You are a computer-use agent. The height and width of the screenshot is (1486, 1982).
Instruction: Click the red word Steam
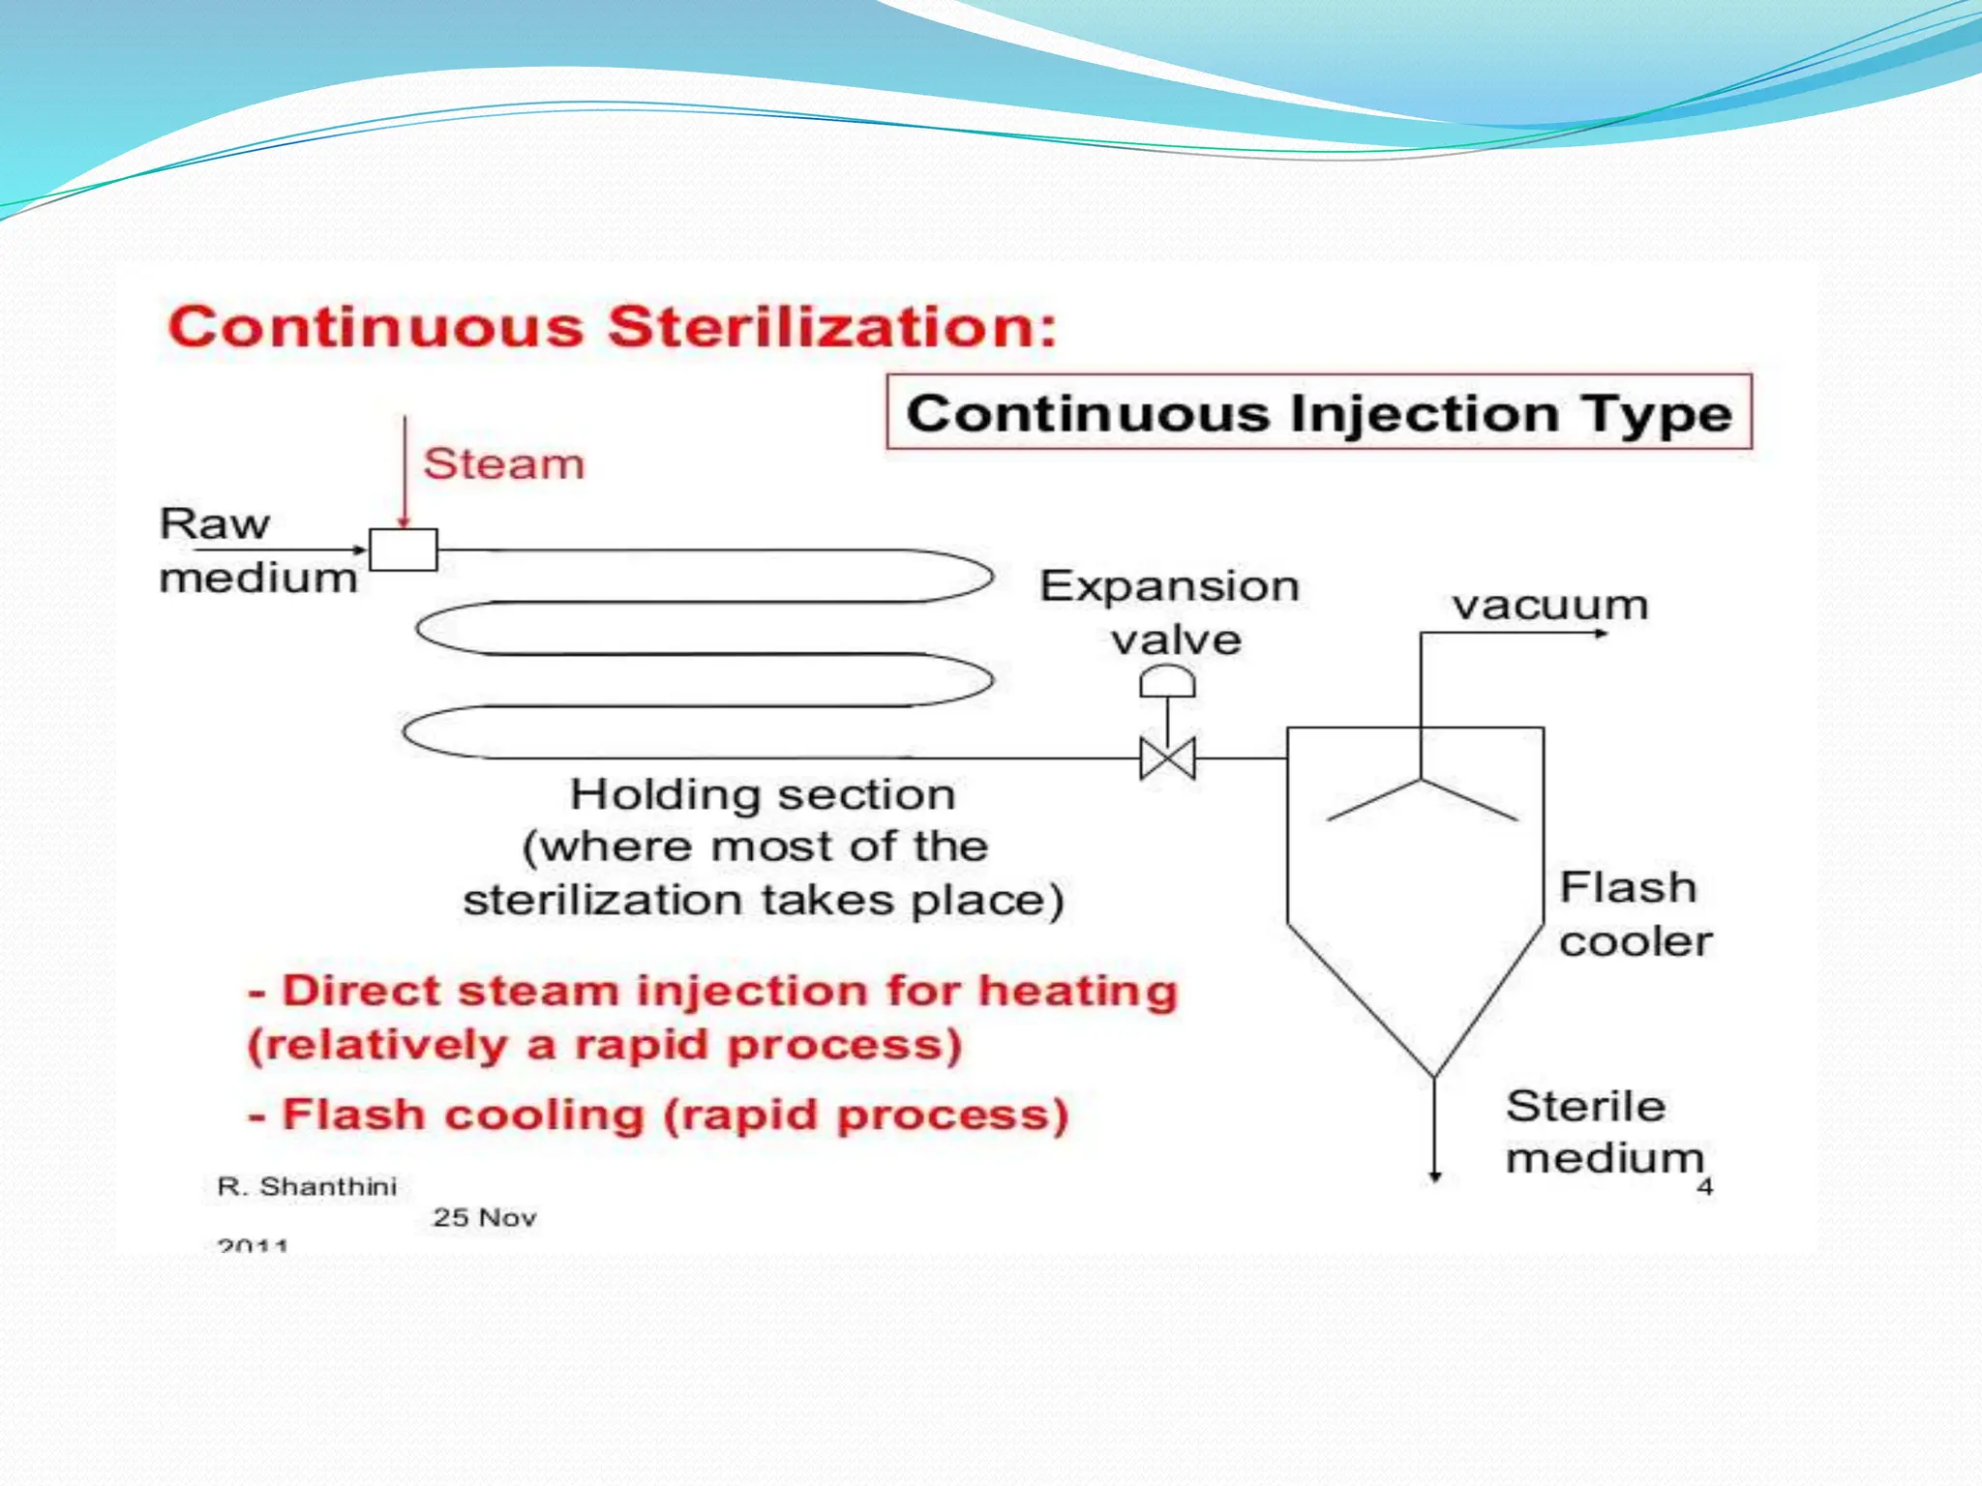pyautogui.click(x=504, y=464)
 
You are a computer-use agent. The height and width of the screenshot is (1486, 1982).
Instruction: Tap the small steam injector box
pyautogui.click(x=404, y=550)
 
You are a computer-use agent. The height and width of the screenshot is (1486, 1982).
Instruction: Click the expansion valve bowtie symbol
pyautogui.click(x=1168, y=758)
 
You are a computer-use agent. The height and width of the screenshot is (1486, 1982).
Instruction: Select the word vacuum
pyautogui.click(x=1549, y=606)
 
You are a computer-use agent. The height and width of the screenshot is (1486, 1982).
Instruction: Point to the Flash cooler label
pyautogui.click(x=1635, y=914)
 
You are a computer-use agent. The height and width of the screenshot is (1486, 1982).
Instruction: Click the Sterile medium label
pyautogui.click(x=1604, y=1132)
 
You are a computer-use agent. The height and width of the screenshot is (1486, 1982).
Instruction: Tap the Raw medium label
pyautogui.click(x=257, y=550)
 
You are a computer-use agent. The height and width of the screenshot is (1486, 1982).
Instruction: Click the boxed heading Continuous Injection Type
pyautogui.click(x=1318, y=413)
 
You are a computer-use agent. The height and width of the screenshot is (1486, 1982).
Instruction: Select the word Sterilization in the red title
pyautogui.click(x=832, y=326)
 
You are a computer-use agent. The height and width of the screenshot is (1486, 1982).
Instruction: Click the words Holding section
pyautogui.click(x=763, y=794)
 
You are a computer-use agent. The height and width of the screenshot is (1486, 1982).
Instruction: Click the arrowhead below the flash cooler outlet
pyautogui.click(x=1436, y=1175)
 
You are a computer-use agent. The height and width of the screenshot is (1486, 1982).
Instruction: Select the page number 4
pyautogui.click(x=1705, y=1187)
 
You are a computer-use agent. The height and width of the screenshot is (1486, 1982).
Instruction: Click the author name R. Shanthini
pyautogui.click(x=307, y=1186)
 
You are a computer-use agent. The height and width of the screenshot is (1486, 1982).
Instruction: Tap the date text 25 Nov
pyautogui.click(x=484, y=1217)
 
